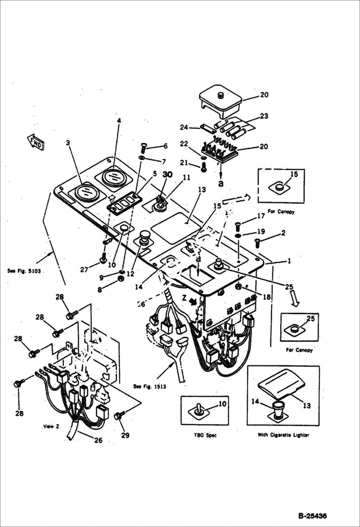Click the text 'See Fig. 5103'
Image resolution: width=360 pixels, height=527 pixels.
(x=26, y=271)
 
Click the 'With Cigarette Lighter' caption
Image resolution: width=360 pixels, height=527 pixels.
(x=283, y=435)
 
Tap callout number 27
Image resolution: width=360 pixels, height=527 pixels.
(x=85, y=270)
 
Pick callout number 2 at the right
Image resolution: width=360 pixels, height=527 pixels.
(x=283, y=233)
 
